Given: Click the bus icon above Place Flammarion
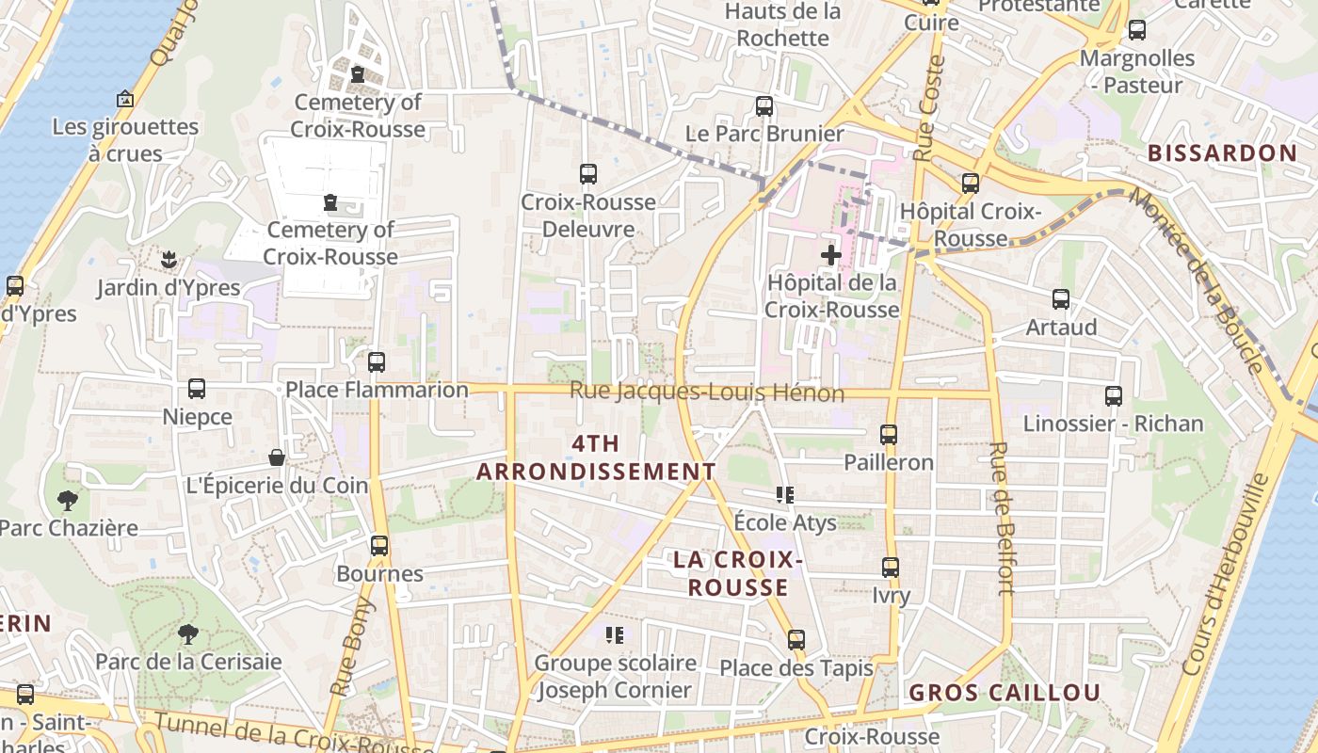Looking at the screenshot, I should click(377, 361).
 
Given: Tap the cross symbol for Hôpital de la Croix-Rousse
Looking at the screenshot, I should click(830, 255).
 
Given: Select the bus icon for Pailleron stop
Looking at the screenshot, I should click(889, 435).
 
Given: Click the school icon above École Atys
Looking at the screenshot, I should click(784, 495).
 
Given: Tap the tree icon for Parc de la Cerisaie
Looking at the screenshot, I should click(188, 634).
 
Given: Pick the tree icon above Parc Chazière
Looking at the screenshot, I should click(67, 501).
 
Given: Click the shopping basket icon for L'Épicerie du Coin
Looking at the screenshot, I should click(277, 458).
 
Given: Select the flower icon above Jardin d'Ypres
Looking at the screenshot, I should click(169, 259).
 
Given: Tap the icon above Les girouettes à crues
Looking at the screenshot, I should click(124, 99).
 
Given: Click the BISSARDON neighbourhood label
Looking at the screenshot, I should click(1222, 153).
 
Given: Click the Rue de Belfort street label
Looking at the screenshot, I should click(1002, 519).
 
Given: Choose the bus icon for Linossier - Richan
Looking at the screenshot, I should click(1114, 396).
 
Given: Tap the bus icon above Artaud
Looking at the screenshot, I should click(1061, 299).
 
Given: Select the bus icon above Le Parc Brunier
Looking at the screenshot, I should click(764, 106).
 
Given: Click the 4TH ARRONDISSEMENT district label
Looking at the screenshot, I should click(595, 457).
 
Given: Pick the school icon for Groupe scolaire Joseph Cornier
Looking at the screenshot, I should click(616, 635).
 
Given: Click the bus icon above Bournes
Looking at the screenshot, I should click(379, 546).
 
